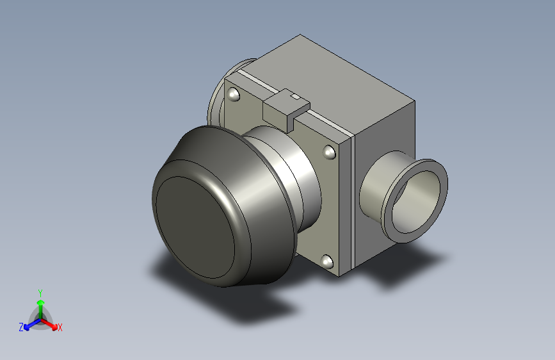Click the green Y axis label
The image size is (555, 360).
[40, 293]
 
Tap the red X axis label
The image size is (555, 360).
[60, 327]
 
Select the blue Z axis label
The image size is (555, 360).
[21, 327]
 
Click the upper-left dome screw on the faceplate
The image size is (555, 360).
[233, 94]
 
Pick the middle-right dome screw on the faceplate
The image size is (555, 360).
[329, 152]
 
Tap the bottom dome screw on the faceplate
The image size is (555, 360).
[326, 261]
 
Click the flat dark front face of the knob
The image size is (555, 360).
[195, 227]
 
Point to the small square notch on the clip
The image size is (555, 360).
[295, 96]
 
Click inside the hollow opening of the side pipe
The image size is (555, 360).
[417, 202]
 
